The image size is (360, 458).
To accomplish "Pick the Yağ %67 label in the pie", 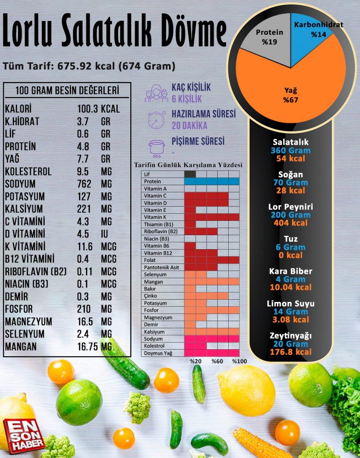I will [290, 95].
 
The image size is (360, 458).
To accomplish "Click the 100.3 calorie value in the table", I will [87, 109].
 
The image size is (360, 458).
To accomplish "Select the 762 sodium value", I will [84, 184].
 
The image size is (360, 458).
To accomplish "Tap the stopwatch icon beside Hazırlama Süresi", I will [157, 120].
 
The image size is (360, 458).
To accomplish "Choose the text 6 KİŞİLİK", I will [187, 99].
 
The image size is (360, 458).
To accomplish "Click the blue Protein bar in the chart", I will [211, 181].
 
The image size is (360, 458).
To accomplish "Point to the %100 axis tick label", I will [239, 361].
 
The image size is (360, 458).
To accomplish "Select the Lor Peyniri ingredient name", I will [291, 207].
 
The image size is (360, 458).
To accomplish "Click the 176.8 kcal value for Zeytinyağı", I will [291, 352].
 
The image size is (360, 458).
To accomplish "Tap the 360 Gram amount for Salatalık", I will [291, 150].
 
